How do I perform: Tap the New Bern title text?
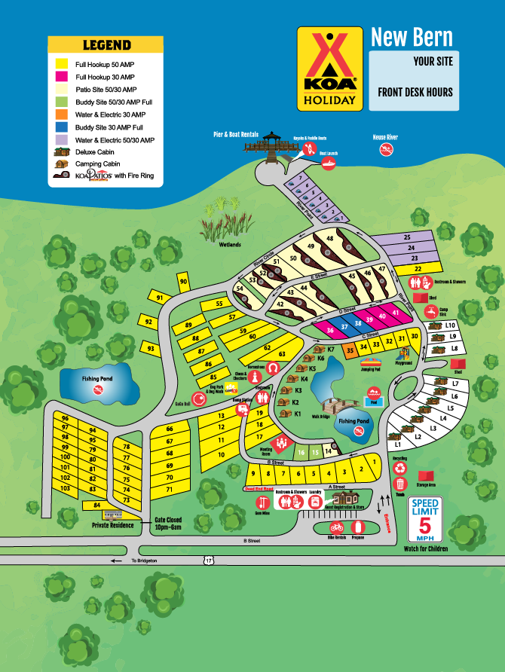click(412, 37)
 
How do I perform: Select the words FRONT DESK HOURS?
click(415, 92)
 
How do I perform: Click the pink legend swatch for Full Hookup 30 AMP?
click(62, 77)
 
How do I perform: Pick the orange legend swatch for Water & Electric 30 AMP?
click(62, 115)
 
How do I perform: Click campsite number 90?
click(183, 282)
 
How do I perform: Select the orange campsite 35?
click(350, 350)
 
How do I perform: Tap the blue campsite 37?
click(344, 326)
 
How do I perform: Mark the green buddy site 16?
click(300, 453)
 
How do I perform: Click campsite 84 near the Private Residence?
click(96, 505)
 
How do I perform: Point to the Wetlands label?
click(230, 244)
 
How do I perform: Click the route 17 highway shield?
click(207, 560)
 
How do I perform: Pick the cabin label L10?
click(451, 325)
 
